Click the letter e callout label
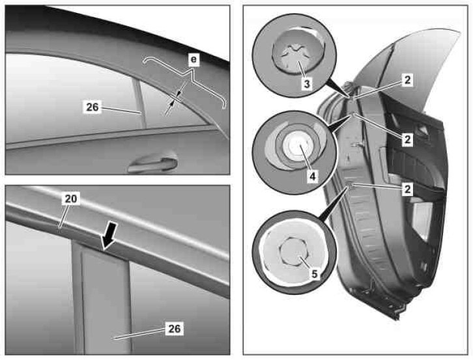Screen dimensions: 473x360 (193, 60)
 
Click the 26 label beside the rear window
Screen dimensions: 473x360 (93, 107)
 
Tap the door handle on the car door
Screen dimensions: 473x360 (152, 164)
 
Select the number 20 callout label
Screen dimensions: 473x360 (71, 199)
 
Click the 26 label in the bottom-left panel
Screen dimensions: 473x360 (174, 329)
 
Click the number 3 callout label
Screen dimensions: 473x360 (307, 83)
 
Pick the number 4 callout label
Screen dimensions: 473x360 (313, 176)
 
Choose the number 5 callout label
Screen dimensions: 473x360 (314, 274)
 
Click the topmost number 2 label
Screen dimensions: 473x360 (407, 80)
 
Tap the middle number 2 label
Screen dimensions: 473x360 (407, 139)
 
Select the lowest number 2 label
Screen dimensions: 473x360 (407, 189)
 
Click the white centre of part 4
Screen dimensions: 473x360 (294, 145)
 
